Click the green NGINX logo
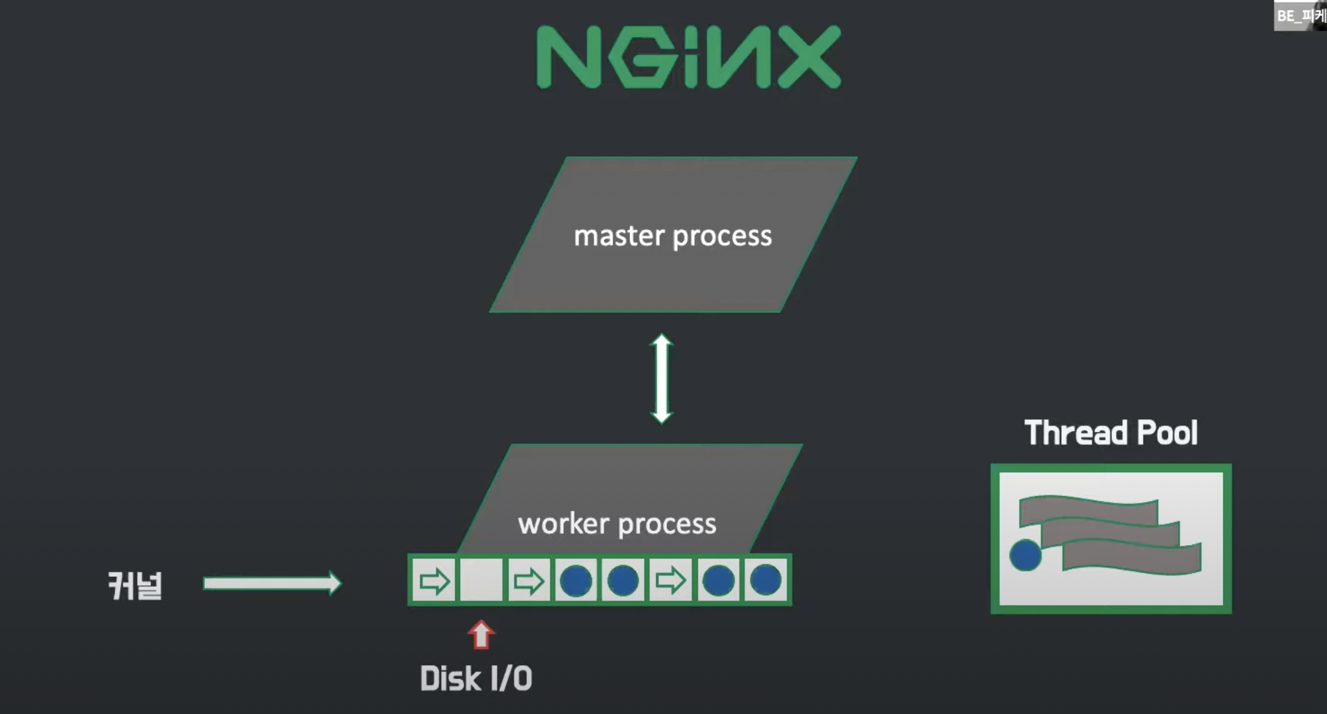tap(688, 57)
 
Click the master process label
tap(673, 236)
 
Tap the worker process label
tap(617, 524)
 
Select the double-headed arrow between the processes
tap(662, 378)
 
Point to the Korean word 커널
tap(135, 586)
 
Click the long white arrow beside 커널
tap(272, 583)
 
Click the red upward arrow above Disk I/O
tap(481, 634)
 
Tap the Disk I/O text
tap(476, 678)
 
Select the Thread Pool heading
tap(1111, 432)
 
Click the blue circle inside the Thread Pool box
tap(1025, 555)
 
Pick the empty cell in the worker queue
tap(481, 580)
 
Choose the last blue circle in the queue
tap(766, 580)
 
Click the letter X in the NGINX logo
tap(809, 57)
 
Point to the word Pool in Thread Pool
tap(1167, 432)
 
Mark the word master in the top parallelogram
tap(619, 236)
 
